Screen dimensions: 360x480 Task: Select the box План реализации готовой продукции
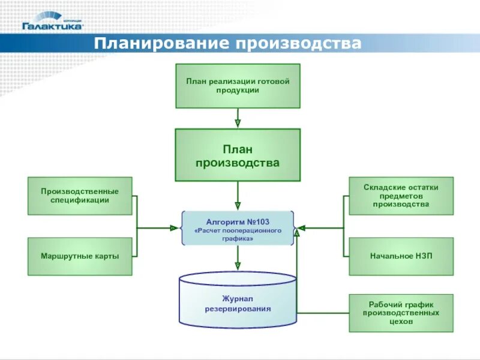(x=238, y=86)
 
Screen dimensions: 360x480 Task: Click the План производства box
(x=238, y=155)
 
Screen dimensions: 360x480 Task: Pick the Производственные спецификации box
(x=80, y=196)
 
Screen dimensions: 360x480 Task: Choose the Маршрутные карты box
(x=80, y=256)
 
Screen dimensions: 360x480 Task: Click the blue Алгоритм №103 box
(x=238, y=228)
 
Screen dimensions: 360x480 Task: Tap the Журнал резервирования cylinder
(x=238, y=304)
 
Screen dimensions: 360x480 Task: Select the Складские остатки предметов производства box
(x=401, y=196)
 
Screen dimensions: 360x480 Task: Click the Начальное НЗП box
(x=401, y=256)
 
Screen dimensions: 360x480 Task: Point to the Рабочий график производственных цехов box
(x=401, y=313)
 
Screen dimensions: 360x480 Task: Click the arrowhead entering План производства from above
(x=238, y=124)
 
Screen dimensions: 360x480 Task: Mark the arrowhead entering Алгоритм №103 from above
(x=238, y=206)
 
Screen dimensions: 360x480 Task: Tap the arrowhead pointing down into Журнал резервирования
(x=238, y=265)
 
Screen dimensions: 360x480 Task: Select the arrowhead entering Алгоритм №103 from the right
(x=299, y=228)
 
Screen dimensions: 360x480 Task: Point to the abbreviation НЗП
(x=423, y=256)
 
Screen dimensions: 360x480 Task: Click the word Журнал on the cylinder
(x=238, y=298)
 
